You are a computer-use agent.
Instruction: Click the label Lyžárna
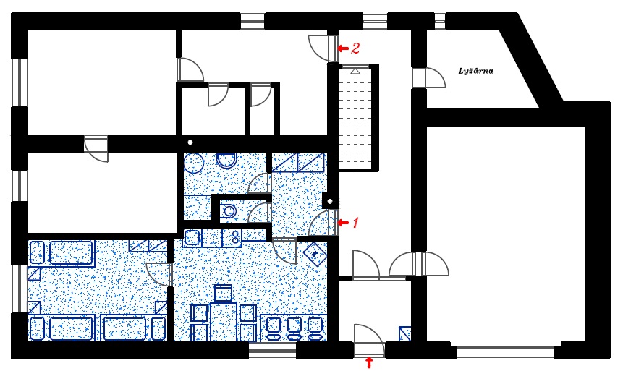tap(476, 71)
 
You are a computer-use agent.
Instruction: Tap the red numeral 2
tap(355, 48)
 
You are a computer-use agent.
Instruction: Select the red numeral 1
tap(355, 222)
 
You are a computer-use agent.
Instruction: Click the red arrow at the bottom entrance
tap(370, 362)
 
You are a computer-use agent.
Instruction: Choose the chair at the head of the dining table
tap(223, 293)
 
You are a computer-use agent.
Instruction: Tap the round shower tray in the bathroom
tap(193, 163)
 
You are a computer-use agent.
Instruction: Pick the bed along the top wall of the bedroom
tap(62, 253)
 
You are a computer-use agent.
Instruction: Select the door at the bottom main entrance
tap(365, 340)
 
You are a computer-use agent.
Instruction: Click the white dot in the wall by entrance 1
tap(329, 200)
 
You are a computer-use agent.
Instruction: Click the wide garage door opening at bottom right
tap(506, 351)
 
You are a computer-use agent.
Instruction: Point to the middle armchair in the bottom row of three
tap(294, 327)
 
